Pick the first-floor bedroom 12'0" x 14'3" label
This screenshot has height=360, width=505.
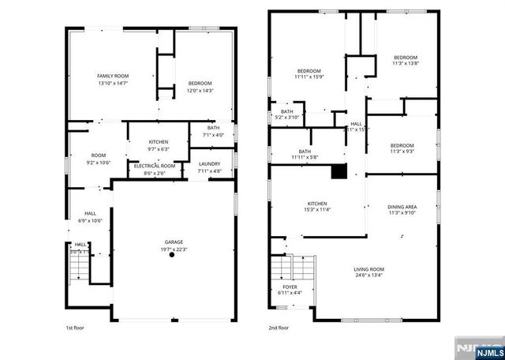point(200,87)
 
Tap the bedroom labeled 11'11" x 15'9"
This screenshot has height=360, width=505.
point(309,73)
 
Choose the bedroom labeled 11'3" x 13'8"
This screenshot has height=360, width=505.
point(406,61)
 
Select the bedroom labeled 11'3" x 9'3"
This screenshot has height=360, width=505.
point(402,148)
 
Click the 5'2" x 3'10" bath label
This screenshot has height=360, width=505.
point(286,114)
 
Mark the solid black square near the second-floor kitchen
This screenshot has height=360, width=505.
point(339,171)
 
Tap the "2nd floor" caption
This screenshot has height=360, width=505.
point(278,327)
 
